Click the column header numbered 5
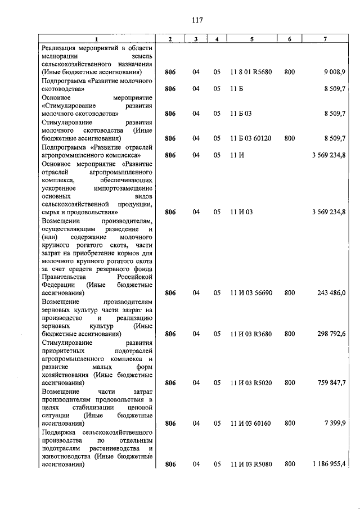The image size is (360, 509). click(x=251, y=38)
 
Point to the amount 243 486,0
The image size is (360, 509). click(x=331, y=293)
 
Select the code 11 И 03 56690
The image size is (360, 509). click(x=251, y=293)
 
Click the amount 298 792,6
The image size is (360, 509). click(x=331, y=334)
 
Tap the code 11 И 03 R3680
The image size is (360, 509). click(x=251, y=334)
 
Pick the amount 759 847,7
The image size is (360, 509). click(x=331, y=383)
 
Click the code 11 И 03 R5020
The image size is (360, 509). click(x=251, y=383)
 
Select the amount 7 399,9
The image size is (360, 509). click(x=335, y=424)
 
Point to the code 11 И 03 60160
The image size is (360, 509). click(x=251, y=424)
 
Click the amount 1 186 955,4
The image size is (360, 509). click(x=329, y=465)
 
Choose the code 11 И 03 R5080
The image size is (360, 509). click(x=251, y=465)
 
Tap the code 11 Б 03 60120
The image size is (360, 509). click(x=251, y=138)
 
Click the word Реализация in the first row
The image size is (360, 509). click(x=62, y=48)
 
